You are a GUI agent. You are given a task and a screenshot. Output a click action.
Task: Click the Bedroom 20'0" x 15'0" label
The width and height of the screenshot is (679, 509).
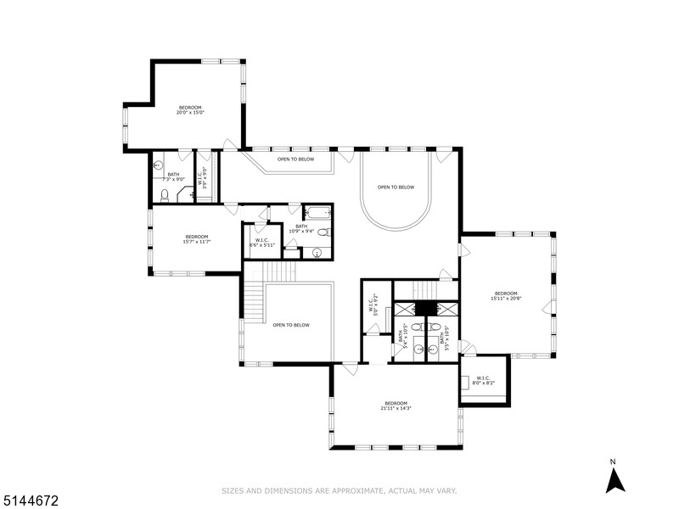pyautogui.click(x=189, y=110)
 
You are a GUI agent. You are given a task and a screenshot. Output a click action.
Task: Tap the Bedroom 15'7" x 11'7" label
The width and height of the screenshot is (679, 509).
pyautogui.click(x=195, y=239)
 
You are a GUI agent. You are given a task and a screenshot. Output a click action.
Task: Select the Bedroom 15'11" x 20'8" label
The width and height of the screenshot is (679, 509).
pyautogui.click(x=505, y=296)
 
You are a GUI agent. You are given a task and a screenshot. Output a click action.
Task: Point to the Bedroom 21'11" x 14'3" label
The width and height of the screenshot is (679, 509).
pyautogui.click(x=396, y=406)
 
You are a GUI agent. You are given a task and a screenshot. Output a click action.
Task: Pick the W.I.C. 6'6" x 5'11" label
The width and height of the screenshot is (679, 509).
pyautogui.click(x=259, y=242)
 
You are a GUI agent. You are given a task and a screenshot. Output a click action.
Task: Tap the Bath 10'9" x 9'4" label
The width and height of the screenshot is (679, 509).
pyautogui.click(x=301, y=230)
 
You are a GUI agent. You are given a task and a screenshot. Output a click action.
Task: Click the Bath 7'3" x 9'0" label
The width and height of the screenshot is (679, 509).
pyautogui.click(x=173, y=176)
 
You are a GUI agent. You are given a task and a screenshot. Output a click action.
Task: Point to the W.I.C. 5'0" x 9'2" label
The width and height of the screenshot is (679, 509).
pyautogui.click(x=373, y=304)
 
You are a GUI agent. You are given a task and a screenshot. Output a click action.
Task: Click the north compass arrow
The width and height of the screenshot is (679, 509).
pyautogui.click(x=614, y=480)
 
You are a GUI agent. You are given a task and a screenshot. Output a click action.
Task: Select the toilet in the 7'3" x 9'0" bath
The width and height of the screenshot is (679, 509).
pyautogui.click(x=165, y=196)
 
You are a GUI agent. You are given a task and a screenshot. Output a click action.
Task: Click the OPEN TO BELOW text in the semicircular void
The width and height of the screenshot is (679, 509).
pyautogui.click(x=396, y=187)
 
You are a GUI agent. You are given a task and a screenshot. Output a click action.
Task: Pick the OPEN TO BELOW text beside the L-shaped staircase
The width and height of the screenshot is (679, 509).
pyautogui.click(x=291, y=325)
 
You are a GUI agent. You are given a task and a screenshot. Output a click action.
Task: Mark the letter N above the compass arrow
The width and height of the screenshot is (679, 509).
pyautogui.click(x=613, y=461)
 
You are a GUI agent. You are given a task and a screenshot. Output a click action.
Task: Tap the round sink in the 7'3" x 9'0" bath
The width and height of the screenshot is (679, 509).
pyautogui.click(x=158, y=165)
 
